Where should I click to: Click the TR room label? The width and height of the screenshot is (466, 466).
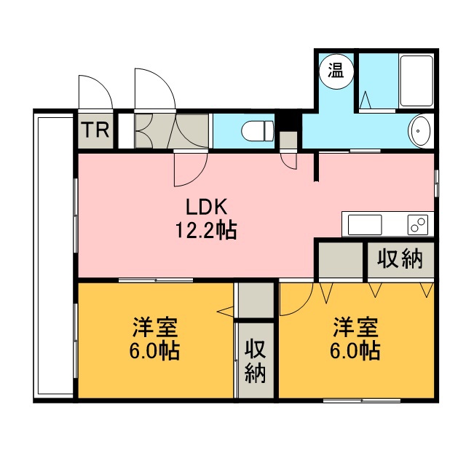pos(95,130)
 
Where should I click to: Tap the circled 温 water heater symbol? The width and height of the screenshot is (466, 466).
pos(336,72)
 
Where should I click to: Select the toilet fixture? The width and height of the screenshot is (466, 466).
pos(258,131)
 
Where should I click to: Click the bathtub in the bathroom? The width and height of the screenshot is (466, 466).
pos(416,81)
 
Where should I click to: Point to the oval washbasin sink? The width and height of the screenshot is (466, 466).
pos(420,131)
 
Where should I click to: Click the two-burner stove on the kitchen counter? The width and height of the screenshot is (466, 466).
pos(417,224)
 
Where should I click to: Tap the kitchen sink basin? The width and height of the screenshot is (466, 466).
pos(364,224)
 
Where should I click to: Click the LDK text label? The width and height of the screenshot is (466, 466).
pos(207,207)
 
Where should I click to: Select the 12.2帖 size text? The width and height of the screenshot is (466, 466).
pos(206,230)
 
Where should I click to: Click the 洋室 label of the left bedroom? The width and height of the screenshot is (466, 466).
pos(155,327)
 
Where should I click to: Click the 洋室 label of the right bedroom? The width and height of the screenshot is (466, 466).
pos(355,327)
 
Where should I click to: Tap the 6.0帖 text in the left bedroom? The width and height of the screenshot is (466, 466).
pos(154,351)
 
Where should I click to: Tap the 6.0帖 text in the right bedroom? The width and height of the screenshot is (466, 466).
pos(355,351)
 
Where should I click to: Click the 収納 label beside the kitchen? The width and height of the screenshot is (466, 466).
pos(400,259)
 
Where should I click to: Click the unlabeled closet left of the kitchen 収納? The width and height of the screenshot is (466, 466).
pos(341,260)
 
